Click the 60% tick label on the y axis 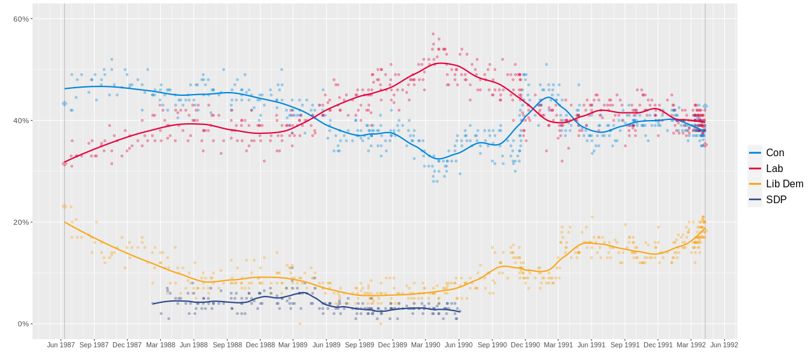pos(21,19)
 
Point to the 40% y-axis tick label pos(21,121)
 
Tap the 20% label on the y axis pos(21,222)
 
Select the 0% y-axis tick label pos(23,324)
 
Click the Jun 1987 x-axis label pos(61,345)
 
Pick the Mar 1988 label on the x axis pos(161,345)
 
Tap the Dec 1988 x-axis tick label pos(260,345)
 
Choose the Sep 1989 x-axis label pos(360,345)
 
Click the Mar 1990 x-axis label pos(426,345)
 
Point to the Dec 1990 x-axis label pos(525,345)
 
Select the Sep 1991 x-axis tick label pos(625,345)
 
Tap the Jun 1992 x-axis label pos(724,345)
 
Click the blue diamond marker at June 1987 pos(64,103)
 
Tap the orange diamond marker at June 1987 pos(64,206)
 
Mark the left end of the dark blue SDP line pos(152,303)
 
